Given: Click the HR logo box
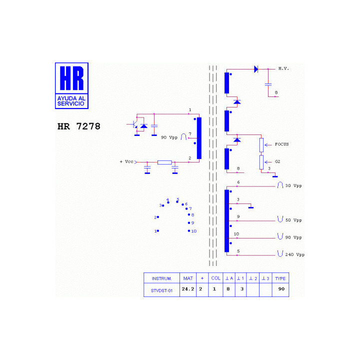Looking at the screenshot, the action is click(x=71, y=85).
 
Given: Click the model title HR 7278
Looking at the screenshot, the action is click(x=79, y=126).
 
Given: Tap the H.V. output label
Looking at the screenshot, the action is click(x=283, y=68).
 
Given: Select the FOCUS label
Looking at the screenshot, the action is click(x=281, y=144).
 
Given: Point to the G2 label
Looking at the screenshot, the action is click(x=277, y=161).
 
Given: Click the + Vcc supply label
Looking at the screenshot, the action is click(x=126, y=161).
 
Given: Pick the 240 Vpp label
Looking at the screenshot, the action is click(x=295, y=254).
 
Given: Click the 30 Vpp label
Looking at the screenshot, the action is click(x=293, y=185).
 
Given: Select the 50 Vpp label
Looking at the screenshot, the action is click(x=293, y=220).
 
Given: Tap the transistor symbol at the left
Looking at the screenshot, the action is click(x=134, y=124).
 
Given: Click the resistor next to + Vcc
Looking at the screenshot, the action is click(x=164, y=162).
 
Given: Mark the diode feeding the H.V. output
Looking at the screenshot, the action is click(x=256, y=69).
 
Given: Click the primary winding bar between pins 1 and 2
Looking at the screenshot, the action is click(x=199, y=138).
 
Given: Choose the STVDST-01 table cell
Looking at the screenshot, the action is click(x=161, y=290).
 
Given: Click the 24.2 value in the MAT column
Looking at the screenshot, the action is click(x=188, y=289).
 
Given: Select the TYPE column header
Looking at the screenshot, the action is click(x=280, y=278).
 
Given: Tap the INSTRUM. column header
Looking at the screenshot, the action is click(x=161, y=278).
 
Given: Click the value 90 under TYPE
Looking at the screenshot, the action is click(x=281, y=289).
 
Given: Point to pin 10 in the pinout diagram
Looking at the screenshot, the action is click(x=189, y=230).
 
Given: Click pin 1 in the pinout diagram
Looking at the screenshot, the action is click(x=158, y=230).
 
